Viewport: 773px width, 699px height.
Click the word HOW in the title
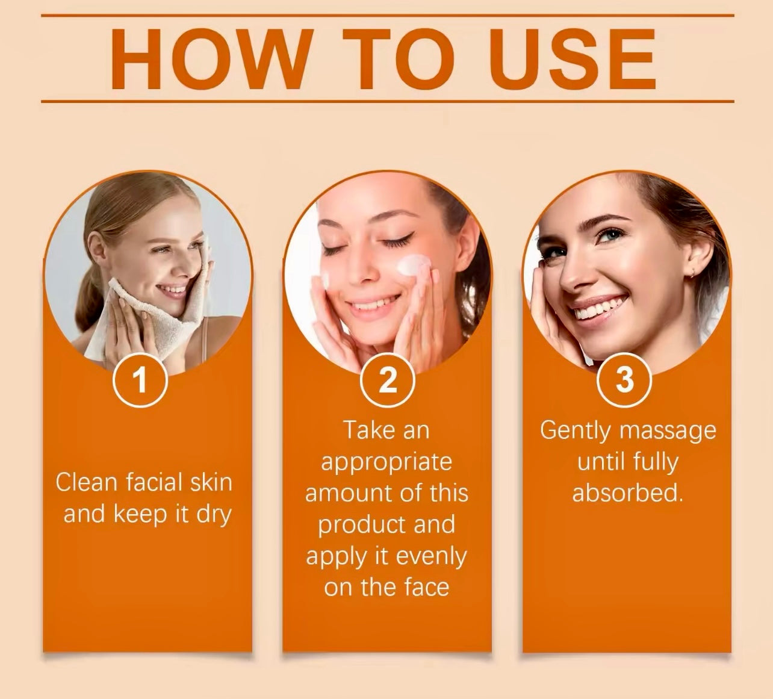pyautogui.click(x=210, y=59)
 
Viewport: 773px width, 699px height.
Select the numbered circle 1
pyautogui.click(x=141, y=380)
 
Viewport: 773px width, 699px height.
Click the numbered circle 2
pyautogui.click(x=387, y=380)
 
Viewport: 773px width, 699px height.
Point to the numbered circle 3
pyautogui.click(x=625, y=380)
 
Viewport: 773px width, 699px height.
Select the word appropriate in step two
pyautogui.click(x=386, y=463)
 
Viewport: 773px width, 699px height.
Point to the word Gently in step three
pyautogui.click(x=575, y=430)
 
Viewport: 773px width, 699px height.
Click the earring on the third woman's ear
pyautogui.click(x=692, y=273)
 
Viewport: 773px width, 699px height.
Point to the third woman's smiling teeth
pyautogui.click(x=599, y=307)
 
